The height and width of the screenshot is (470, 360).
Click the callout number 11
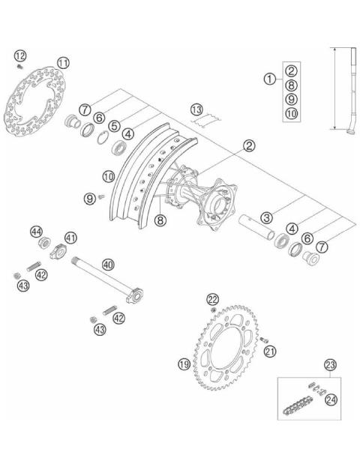[x=63, y=62]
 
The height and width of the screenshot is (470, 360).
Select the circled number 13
[x=196, y=110]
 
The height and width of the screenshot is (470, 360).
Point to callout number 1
[x=268, y=78]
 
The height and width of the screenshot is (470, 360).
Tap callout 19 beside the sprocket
[x=184, y=365]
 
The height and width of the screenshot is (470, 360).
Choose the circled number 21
[x=271, y=350]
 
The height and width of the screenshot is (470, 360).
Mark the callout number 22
[x=212, y=300]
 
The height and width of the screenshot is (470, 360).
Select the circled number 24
[x=331, y=400]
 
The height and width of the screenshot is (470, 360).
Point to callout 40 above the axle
[x=108, y=264]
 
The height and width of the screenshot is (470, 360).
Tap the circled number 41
[x=70, y=238]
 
